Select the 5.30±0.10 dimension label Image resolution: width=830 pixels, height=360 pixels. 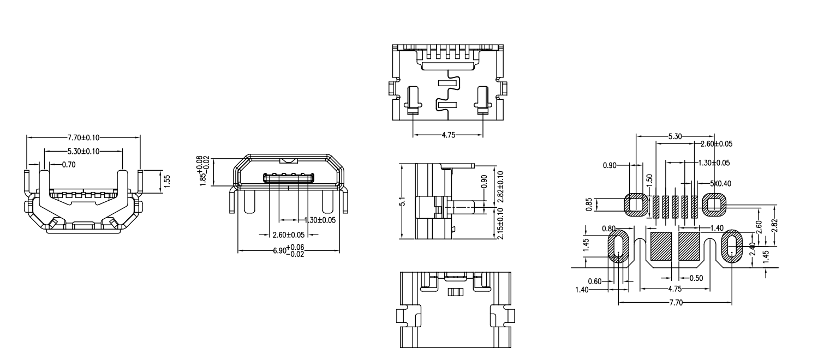(x=83, y=151)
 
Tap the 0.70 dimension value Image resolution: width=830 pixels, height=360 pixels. (x=68, y=164)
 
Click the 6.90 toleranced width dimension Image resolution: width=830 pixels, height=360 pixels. (x=288, y=251)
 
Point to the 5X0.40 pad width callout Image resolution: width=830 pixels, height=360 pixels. (x=721, y=183)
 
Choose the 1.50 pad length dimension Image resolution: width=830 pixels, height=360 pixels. (x=649, y=179)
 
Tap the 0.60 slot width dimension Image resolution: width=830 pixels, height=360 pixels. (x=595, y=281)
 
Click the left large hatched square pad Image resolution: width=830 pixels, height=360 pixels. (x=661, y=246)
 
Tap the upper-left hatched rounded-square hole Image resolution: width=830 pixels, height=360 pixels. (x=635, y=205)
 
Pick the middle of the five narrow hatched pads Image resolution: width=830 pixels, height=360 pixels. (x=674, y=207)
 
